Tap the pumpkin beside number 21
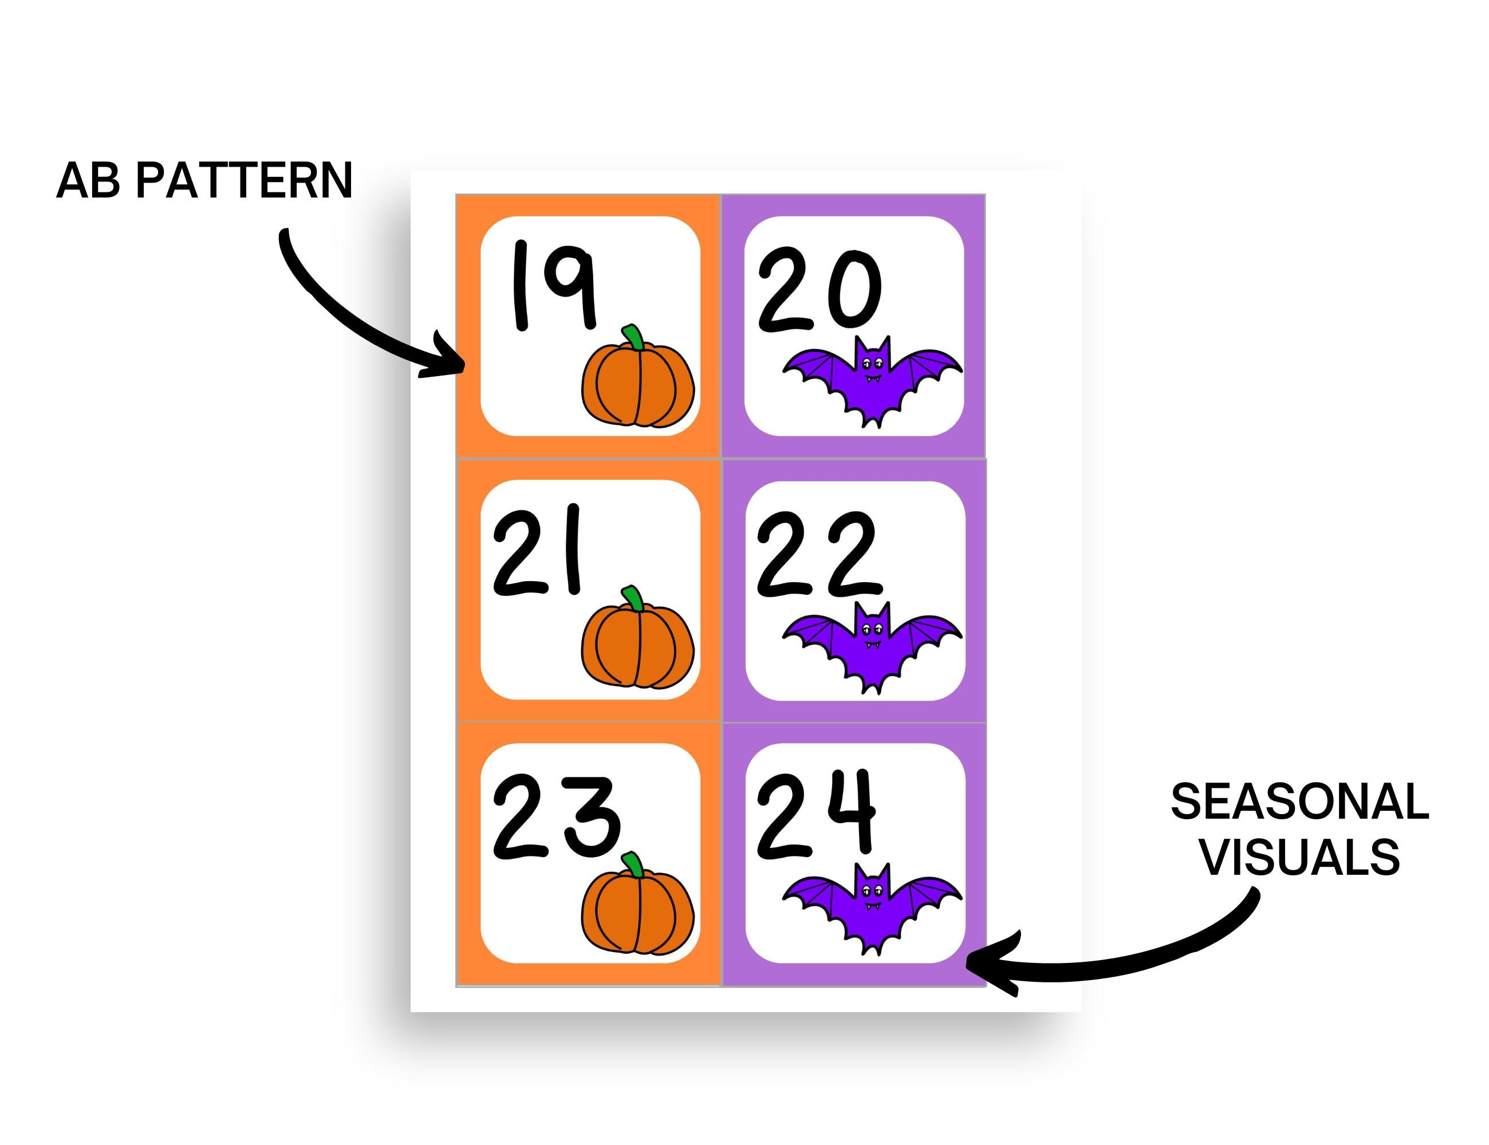coord(637,644)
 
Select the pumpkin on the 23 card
coord(637,910)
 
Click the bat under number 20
coord(871,379)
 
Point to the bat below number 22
coord(871,645)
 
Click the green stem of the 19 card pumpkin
coord(633,337)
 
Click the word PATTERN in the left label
coord(244,181)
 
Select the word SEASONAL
coord(1299,801)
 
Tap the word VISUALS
coord(1299,858)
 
